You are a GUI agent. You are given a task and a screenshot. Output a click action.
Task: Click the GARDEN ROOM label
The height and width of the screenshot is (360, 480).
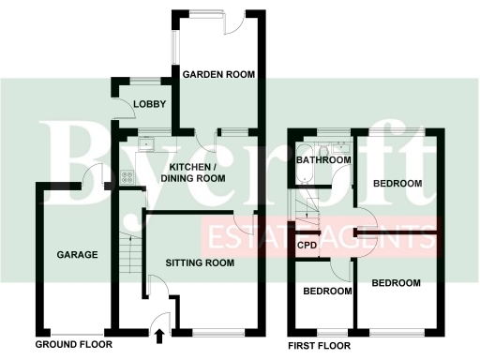point(218,74)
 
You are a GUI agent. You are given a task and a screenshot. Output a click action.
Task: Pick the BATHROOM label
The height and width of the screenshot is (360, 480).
point(323,160)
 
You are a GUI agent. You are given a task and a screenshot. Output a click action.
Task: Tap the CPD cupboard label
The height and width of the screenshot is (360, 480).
point(307,246)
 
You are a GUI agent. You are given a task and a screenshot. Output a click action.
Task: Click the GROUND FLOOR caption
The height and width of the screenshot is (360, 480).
point(72,345)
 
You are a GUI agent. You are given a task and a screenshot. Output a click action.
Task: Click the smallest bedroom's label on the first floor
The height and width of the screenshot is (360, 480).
point(327,292)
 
